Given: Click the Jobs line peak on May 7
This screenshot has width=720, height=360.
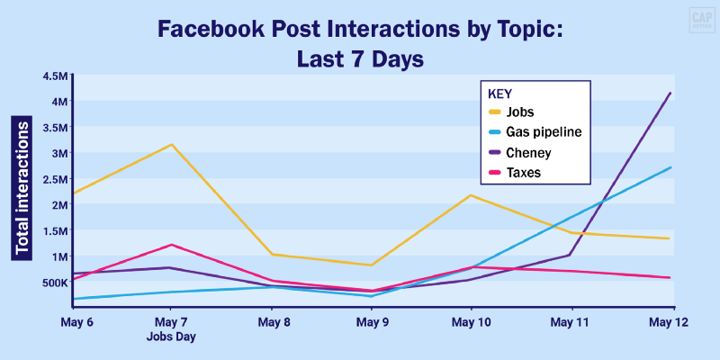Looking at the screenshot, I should pyautogui.click(x=171, y=145).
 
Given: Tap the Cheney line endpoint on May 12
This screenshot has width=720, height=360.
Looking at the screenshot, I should pyautogui.click(x=670, y=93).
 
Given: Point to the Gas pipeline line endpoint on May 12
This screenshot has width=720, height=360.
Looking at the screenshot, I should pyautogui.click(x=670, y=167).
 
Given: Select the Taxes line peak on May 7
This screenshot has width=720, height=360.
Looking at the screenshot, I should pyautogui.click(x=171, y=245).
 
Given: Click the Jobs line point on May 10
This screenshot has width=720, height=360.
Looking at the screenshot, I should pyautogui.click(x=471, y=195).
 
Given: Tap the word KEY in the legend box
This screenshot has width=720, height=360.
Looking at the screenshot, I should pyautogui.click(x=499, y=93).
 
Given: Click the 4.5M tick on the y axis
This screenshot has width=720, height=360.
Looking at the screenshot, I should pyautogui.click(x=55, y=76).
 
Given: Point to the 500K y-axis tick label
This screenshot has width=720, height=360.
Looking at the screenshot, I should pyautogui.click(x=52, y=282).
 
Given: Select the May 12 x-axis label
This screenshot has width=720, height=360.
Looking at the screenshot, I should pyautogui.click(x=669, y=321).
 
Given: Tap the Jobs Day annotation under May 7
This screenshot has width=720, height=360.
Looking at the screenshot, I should pyautogui.click(x=171, y=337).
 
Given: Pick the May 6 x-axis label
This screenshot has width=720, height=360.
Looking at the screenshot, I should pyautogui.click(x=77, y=321).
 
